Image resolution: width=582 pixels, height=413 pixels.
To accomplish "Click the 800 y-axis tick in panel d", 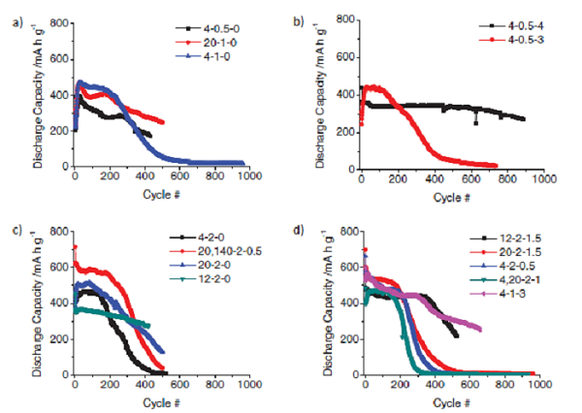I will coord(346,233).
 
